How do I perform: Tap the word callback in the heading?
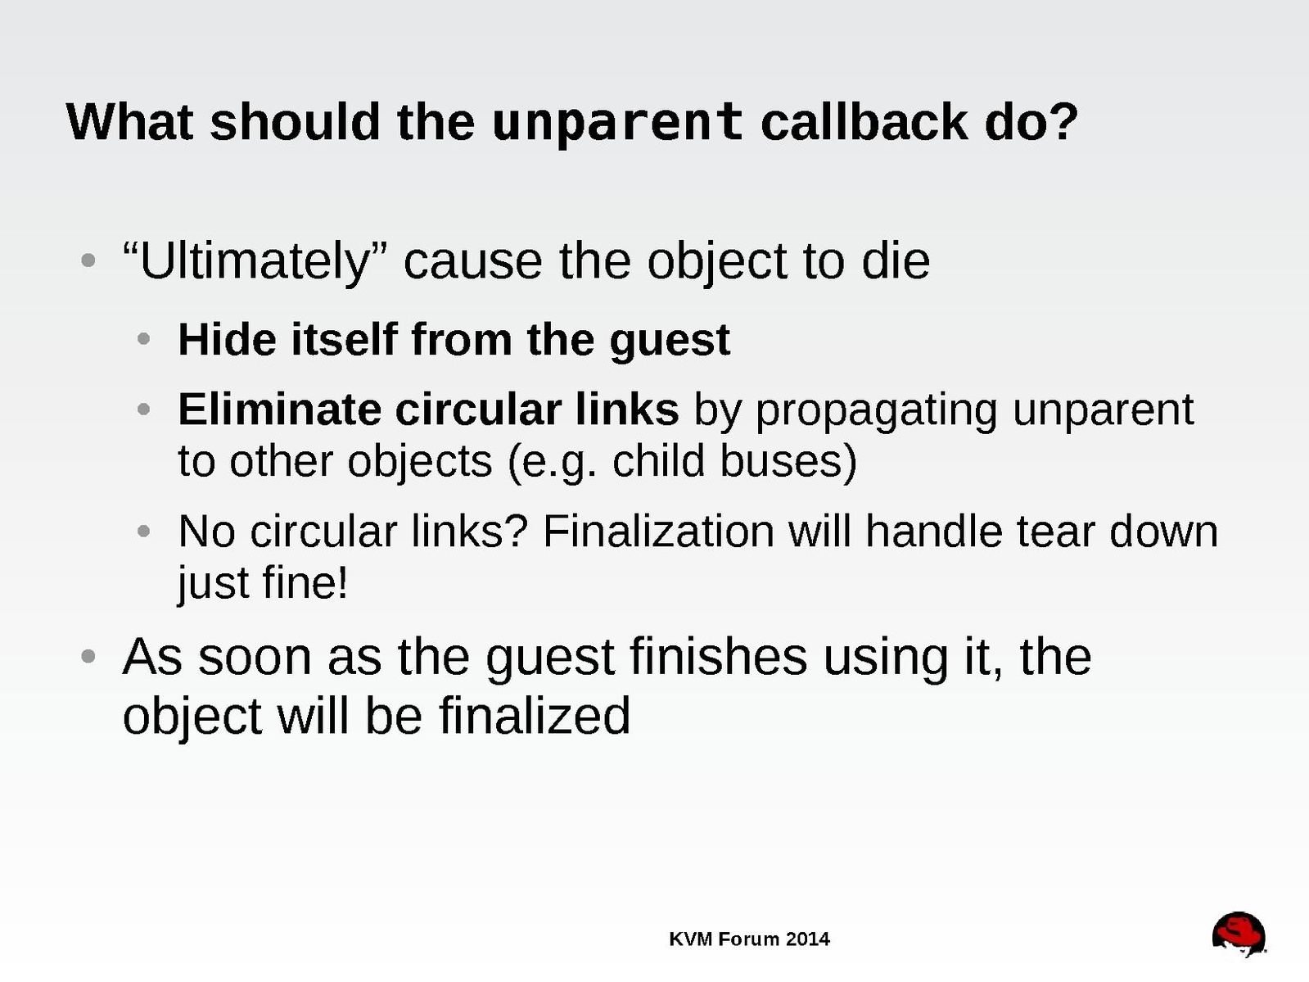[x=864, y=122]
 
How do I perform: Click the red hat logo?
[x=1239, y=934]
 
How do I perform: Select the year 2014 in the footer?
[x=807, y=939]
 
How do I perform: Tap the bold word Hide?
[x=228, y=339]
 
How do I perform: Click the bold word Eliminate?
[x=280, y=410]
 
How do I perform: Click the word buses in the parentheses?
[x=788, y=461]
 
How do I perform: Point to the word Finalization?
[x=658, y=531]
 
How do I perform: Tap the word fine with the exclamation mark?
[x=305, y=582]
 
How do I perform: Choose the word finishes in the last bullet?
[x=718, y=656]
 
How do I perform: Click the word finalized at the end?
[x=535, y=715]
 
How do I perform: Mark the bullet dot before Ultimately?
[x=88, y=260]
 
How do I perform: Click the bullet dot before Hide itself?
[x=143, y=339]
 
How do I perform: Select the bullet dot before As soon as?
[x=88, y=656]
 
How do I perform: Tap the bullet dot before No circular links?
[x=143, y=531]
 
